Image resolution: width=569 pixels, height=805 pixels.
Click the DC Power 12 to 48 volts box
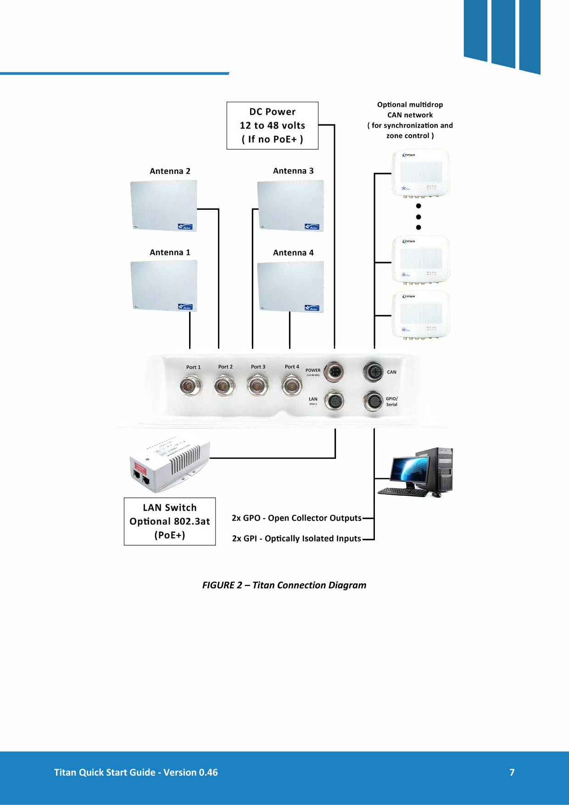tap(272, 125)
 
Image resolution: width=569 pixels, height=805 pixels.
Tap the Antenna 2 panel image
tap(164, 206)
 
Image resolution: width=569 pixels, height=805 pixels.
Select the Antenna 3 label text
tap(293, 171)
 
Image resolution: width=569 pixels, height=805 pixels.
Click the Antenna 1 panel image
tap(164, 286)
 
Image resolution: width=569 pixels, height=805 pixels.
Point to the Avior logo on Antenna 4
tap(312, 308)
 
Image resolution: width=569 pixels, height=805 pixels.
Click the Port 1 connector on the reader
tap(190, 386)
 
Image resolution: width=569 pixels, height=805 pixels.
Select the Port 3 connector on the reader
tap(258, 386)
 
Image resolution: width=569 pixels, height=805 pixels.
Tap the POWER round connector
tap(334, 371)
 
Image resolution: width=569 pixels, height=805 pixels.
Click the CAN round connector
tap(373, 371)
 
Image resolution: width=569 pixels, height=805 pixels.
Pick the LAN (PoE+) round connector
tap(334, 402)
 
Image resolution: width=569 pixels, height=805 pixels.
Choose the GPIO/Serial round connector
tap(373, 402)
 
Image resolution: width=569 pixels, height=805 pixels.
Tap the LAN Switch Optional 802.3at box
tap(170, 521)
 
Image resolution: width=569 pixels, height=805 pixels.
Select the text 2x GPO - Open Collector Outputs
tap(296, 518)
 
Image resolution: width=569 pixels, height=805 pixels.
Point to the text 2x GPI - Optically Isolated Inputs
tap(296, 538)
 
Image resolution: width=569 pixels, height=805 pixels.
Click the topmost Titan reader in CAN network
tap(420, 173)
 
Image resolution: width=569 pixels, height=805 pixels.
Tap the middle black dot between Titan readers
tap(418, 217)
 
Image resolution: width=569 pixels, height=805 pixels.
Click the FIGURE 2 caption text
tap(284, 585)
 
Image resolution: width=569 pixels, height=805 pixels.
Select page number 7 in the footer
tap(512, 772)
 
